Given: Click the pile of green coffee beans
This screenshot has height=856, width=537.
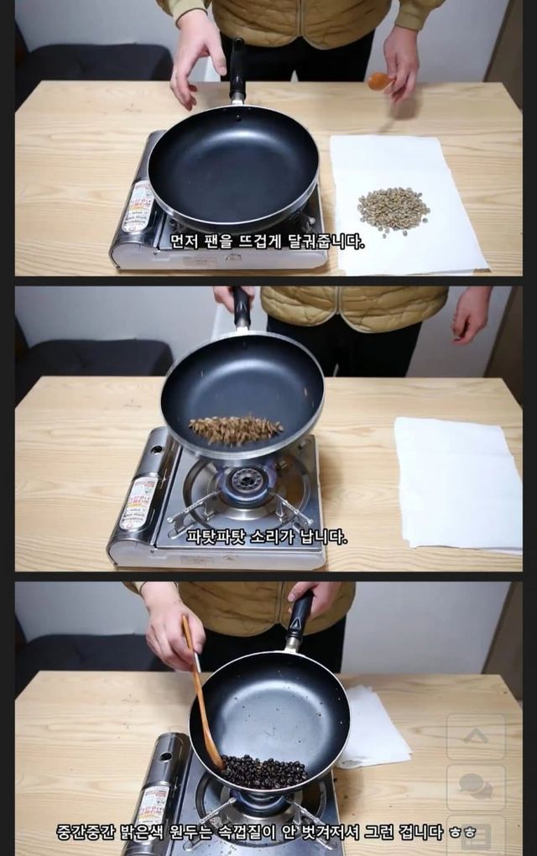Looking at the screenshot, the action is (393, 210).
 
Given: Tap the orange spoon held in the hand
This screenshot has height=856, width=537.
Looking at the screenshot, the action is (380, 81).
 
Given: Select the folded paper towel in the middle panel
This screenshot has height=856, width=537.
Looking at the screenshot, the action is (457, 483).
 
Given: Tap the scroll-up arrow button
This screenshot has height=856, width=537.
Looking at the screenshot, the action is (476, 736).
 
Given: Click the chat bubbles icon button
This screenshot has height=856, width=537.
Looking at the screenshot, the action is (476, 786).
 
